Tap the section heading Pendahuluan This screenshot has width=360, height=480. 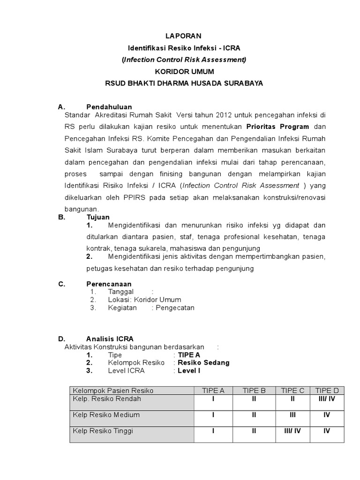click(x=109, y=107)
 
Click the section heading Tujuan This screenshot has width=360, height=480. click(x=98, y=217)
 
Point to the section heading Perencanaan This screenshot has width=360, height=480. click(x=109, y=284)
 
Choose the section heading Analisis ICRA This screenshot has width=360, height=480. click(x=110, y=338)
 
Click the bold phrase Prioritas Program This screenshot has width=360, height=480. click(x=277, y=127)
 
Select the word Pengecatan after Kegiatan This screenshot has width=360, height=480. click(x=175, y=308)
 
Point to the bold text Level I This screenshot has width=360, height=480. click(x=189, y=371)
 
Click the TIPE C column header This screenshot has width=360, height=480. click(x=292, y=390)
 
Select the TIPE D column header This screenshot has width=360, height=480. click(x=327, y=390)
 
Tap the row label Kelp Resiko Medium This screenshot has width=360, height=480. click(x=106, y=415)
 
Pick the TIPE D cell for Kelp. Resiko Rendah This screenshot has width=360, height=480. click(x=327, y=399)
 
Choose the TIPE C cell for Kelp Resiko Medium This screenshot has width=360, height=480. click(x=292, y=415)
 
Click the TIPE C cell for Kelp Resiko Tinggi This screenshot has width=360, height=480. click(x=292, y=431)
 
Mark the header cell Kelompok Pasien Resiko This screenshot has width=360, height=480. click(x=113, y=390)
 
